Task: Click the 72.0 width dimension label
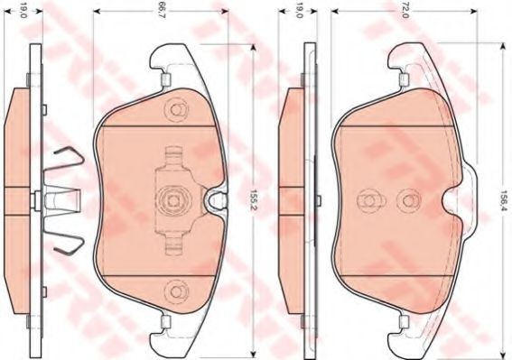coord(405,12)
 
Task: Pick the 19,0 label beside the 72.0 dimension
coord(298,12)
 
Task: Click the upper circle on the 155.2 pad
coord(176,110)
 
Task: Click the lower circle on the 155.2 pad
coord(176,291)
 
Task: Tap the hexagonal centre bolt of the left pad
coord(172,198)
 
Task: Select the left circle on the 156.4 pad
coord(368,200)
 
